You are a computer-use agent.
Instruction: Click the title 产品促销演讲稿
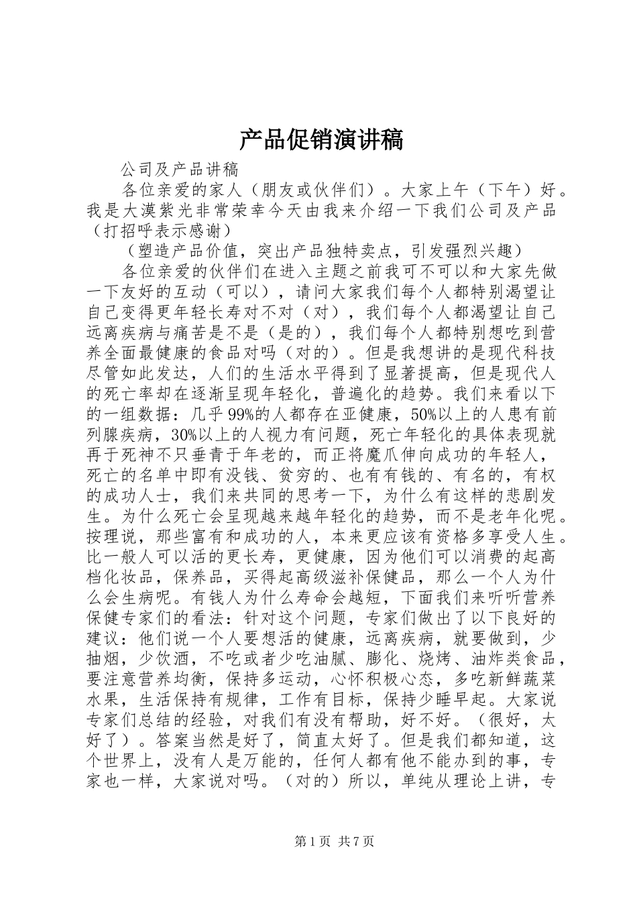coord(321,140)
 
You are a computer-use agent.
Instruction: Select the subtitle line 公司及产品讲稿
coord(180,169)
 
